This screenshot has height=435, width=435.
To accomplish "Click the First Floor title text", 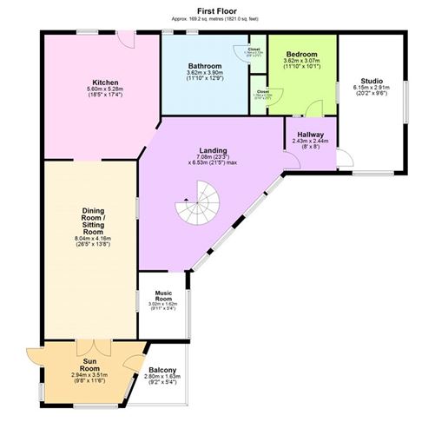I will (217, 9).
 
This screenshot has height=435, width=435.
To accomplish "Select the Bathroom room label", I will (206, 66).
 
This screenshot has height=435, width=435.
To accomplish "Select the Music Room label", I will (164, 298).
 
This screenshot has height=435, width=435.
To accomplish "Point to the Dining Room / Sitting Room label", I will (94, 221).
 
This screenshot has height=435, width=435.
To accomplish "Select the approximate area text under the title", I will (217, 17).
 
